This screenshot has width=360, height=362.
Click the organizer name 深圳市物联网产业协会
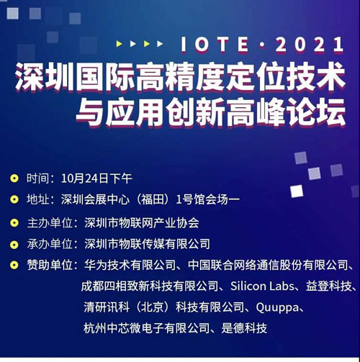(141, 222)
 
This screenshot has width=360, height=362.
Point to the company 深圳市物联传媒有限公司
(147, 244)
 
